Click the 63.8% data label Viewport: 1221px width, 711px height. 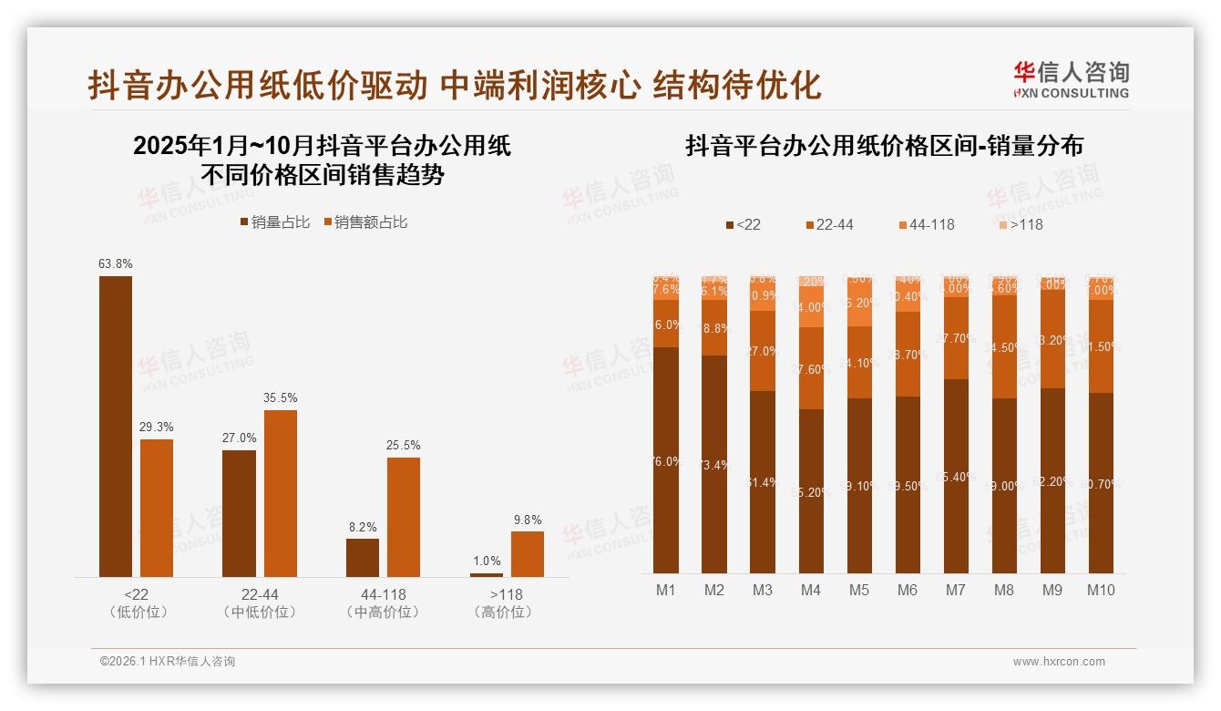pyautogui.click(x=116, y=264)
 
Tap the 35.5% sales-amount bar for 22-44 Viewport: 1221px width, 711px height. pyautogui.click(x=281, y=493)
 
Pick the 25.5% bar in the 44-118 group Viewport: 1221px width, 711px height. pyautogui.click(x=404, y=517)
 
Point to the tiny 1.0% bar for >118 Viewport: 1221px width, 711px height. pyautogui.click(x=487, y=574)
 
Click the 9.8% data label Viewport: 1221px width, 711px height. pyautogui.click(x=527, y=520)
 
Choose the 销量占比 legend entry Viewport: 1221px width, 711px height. pyautogui.click(x=274, y=222)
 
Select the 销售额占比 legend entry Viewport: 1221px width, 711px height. pyautogui.click(x=364, y=222)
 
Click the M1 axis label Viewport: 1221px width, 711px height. pyautogui.click(x=666, y=590)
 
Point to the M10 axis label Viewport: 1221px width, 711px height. pyautogui.click(x=1101, y=590)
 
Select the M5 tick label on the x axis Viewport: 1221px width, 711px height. pyautogui.click(x=858, y=590)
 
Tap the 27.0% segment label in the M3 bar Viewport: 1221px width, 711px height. pyautogui.click(x=763, y=351)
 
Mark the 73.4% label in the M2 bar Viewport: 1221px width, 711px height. pyautogui.click(x=714, y=465)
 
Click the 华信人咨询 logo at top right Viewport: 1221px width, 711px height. pyautogui.click(x=1071, y=79)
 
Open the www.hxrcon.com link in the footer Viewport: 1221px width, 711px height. pyautogui.click(x=1058, y=662)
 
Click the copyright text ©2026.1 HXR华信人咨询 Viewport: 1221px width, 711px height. pyautogui.click(x=168, y=662)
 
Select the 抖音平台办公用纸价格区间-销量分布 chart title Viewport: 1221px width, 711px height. pyautogui.click(x=884, y=147)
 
